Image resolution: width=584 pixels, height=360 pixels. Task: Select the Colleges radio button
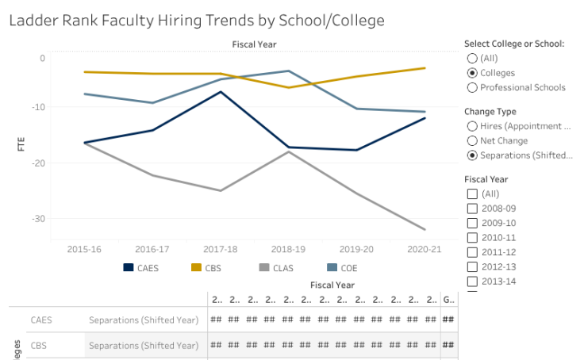coord(473,73)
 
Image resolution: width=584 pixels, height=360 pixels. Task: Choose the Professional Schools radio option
coord(473,87)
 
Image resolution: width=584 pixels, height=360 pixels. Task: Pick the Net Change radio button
coord(473,140)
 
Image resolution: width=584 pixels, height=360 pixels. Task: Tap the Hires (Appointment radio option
coord(473,126)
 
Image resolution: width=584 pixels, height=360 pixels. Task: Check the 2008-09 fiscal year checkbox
coord(473,209)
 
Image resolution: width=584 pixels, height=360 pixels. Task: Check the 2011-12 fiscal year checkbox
coord(473,251)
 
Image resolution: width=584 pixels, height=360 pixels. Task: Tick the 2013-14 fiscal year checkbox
coord(473,281)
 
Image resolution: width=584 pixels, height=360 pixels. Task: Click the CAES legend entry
coord(141,268)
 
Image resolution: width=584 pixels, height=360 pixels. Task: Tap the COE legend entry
coord(343,268)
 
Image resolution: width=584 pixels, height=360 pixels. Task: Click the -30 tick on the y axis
coord(38,219)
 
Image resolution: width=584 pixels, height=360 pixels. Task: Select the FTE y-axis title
coord(21,144)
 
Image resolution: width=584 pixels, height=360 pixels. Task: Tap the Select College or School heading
coord(513,44)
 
